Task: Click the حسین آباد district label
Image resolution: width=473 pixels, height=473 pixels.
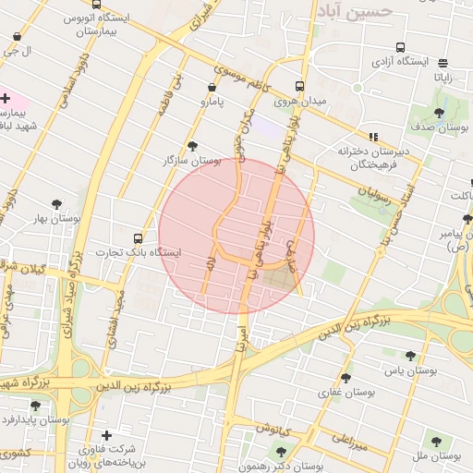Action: click(x=355, y=11)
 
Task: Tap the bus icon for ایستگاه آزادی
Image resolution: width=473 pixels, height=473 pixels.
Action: click(x=400, y=47)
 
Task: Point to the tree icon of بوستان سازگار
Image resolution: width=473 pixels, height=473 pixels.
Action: click(x=192, y=146)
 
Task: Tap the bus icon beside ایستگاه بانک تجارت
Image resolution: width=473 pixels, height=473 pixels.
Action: click(x=139, y=237)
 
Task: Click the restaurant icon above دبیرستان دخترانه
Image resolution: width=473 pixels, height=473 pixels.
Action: click(x=373, y=137)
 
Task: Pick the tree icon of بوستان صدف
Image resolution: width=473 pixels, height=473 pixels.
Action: click(x=439, y=113)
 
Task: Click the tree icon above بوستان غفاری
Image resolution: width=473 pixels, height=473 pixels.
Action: click(x=346, y=377)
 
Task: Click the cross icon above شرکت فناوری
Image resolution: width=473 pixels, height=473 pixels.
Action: click(x=107, y=435)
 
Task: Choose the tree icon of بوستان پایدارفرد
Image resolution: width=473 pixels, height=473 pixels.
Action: click(x=35, y=405)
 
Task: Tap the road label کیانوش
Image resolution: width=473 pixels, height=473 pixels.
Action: click(x=274, y=429)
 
